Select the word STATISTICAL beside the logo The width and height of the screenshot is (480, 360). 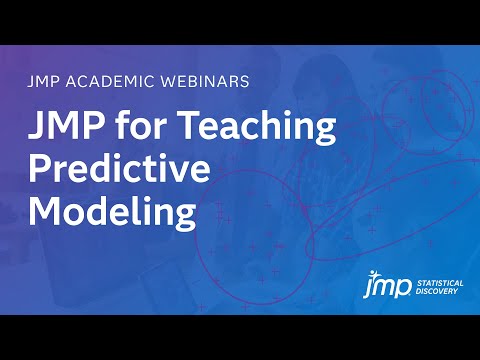tap(441, 283)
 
